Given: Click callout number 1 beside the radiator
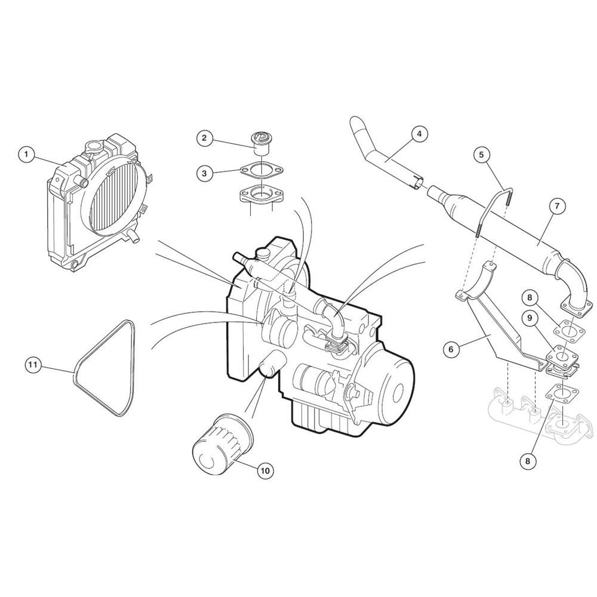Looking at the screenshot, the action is pos(26,154).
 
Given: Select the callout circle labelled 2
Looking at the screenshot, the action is pos(204,137).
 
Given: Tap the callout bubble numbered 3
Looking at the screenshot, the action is pos(204,174).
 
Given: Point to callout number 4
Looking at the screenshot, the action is pos(419,134).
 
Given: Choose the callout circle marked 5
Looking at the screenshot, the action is pos(481,155).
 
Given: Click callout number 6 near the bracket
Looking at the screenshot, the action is pos(451,349).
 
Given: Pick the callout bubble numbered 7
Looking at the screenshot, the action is pos(557,206).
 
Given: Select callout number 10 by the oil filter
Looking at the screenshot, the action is pos(266,470).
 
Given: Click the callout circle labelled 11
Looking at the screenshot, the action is pos(33,365).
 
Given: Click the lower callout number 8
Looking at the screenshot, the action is pos(527,461).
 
